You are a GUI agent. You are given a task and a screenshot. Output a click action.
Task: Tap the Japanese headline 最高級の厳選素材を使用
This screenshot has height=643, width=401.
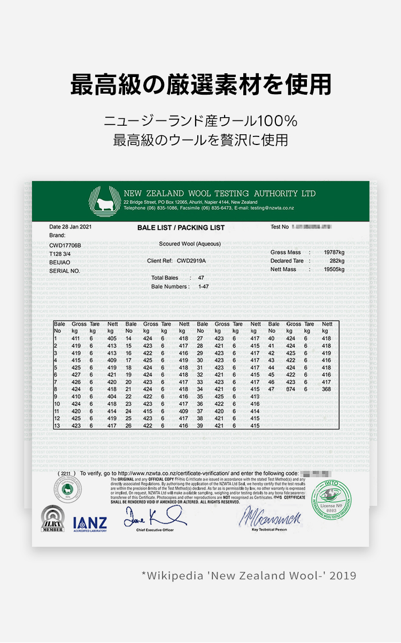point(200,85)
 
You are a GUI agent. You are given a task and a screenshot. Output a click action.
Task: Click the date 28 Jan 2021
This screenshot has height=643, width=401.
point(71,227)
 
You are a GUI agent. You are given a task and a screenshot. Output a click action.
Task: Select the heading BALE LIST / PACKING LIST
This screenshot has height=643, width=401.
point(181,228)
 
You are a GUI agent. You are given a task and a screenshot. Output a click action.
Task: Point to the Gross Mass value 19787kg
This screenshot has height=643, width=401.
point(334,252)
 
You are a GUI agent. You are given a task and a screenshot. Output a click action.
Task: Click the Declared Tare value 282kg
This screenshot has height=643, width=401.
point(337,261)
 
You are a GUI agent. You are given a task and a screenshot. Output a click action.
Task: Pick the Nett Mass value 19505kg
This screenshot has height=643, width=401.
point(334,269)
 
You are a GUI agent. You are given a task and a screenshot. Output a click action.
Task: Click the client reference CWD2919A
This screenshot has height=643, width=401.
point(191,261)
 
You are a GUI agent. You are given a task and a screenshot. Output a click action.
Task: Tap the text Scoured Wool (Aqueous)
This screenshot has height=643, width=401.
point(190,244)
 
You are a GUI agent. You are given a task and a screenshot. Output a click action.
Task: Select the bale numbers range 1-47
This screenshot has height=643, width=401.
point(203,287)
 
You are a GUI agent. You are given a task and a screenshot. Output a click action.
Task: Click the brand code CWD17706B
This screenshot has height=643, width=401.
point(65,245)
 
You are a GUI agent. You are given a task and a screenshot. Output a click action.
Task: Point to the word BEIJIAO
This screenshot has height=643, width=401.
point(60,262)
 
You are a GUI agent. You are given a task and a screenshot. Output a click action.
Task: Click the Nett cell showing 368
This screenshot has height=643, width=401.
point(326,389)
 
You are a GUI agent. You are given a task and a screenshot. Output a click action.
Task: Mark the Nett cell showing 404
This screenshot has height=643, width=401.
point(111,396)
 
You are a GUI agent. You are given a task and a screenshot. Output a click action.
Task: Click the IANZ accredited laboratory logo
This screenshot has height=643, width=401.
point(90,523)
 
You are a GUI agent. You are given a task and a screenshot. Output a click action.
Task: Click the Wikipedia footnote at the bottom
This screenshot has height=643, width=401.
point(249,576)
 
